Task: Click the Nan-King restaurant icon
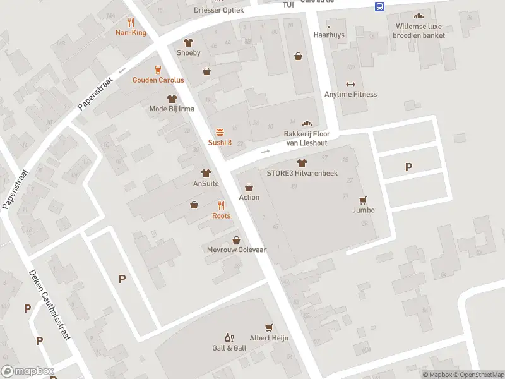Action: coord(131,22)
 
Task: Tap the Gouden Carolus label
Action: coord(158,80)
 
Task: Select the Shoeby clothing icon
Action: coord(187,42)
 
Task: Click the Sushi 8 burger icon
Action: coord(220,132)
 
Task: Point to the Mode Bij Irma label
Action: coord(172,109)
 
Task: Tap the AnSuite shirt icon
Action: coord(206,173)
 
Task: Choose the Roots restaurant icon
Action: coord(221,205)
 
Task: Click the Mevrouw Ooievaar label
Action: coord(237,250)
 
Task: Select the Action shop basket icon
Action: coord(249,188)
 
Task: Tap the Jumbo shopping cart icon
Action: coord(363,200)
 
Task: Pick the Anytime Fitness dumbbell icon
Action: coord(350,84)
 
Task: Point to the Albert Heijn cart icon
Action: coord(269,327)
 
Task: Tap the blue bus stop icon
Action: coord(379,7)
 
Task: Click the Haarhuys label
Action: coord(329,35)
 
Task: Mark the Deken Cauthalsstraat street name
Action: coord(49,305)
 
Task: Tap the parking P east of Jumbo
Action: coord(408,167)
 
